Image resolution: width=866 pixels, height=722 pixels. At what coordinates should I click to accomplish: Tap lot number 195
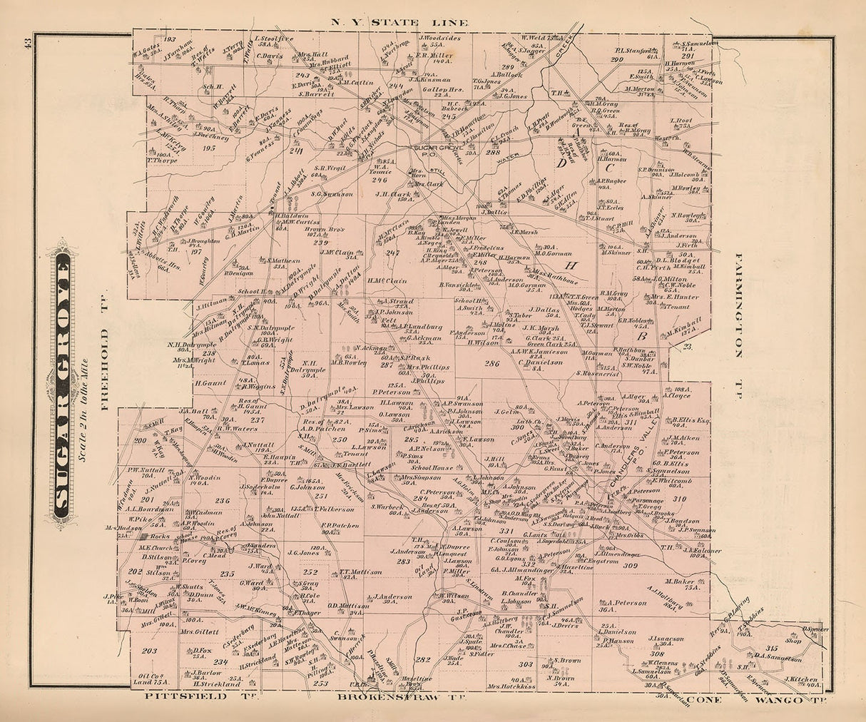(209, 147)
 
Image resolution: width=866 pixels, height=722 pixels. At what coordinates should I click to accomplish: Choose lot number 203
(148, 651)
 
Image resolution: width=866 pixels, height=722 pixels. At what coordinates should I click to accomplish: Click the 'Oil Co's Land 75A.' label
(154, 679)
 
